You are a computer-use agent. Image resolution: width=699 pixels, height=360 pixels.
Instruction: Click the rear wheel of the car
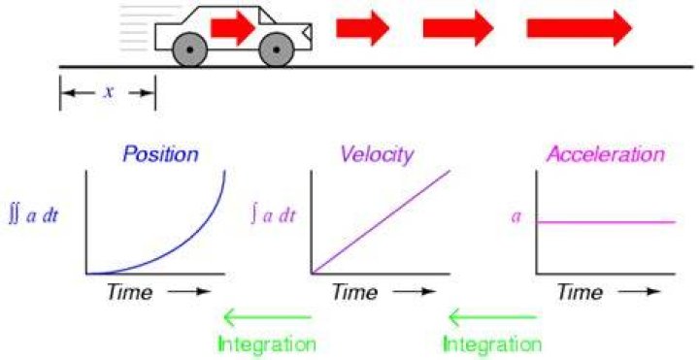pos(190,49)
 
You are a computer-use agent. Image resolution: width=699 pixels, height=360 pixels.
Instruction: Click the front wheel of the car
pos(277,49)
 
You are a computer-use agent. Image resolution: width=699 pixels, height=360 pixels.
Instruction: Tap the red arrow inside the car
pos(233,28)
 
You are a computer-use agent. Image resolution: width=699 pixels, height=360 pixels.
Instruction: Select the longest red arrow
pos(579,28)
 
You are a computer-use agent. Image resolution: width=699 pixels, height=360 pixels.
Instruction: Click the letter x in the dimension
pos(109,92)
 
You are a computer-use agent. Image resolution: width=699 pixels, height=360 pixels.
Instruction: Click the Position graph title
pos(160,154)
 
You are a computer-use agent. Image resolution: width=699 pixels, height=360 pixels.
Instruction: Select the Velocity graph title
pos(377,154)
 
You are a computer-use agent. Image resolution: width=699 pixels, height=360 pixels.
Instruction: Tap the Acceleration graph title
pos(606,154)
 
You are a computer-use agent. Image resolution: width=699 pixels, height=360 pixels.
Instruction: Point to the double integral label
pos(33,217)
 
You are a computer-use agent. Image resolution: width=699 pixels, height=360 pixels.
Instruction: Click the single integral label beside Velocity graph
pos(273,215)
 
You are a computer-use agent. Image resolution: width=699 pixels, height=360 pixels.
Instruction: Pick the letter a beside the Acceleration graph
pos(516,217)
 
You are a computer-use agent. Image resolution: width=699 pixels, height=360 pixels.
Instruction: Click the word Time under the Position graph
pos(129,292)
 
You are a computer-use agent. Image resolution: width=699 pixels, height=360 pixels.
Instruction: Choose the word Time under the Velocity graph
pos(355,292)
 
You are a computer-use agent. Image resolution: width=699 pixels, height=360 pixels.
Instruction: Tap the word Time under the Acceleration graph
pos(580,292)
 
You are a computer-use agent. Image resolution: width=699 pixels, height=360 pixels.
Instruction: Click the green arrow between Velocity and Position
pos(267,317)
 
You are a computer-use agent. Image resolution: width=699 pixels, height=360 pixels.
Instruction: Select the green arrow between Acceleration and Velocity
pos(492,317)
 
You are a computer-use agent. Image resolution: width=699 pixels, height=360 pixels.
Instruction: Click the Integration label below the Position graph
pos(267,344)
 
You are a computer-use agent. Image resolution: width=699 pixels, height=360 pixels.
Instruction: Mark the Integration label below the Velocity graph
pos(492,344)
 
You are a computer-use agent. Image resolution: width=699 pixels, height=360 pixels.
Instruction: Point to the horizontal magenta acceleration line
pos(606,221)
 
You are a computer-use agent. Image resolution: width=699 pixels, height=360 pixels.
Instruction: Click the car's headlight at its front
pos(307,32)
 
